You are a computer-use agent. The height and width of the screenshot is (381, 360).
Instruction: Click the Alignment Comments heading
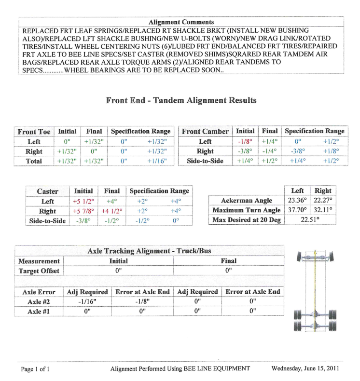tap(181, 22)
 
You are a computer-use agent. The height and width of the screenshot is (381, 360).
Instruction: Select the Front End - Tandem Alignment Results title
tap(181, 101)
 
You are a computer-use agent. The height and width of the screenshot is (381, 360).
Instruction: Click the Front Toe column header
tap(34, 132)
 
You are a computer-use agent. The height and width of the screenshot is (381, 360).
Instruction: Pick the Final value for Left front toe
tap(94, 142)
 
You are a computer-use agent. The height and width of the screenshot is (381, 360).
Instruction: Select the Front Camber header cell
tap(205, 132)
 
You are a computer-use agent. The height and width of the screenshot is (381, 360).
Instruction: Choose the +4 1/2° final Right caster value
tap(112, 211)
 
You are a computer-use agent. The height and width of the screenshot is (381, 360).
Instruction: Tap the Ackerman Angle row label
tap(246, 201)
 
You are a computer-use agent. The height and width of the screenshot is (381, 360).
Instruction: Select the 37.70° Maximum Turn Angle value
tap(297, 210)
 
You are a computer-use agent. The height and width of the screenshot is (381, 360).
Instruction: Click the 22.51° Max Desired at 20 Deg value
tap(310, 220)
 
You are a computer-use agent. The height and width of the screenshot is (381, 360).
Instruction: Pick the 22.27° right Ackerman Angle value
tap(323, 201)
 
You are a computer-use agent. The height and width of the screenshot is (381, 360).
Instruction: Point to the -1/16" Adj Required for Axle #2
tap(87, 301)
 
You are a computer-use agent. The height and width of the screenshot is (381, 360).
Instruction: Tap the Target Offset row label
tap(39, 271)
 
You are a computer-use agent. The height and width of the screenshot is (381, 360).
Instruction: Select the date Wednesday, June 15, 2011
tap(305, 369)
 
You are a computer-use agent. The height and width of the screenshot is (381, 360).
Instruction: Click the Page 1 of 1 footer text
tap(35, 369)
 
